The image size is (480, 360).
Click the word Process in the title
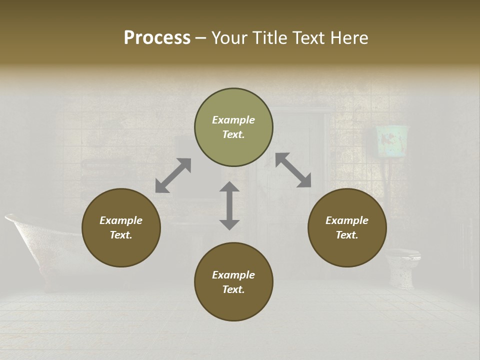pos(157,38)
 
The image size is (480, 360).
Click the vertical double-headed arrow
pos(229,205)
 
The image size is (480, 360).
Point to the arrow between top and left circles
pos(173,175)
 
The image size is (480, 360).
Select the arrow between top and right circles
pos(293,170)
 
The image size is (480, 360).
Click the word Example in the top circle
pos(233,120)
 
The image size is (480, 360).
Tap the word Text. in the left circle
pos(121,235)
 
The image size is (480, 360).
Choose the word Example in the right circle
pos(347,220)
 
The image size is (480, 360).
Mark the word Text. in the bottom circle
pos(233,289)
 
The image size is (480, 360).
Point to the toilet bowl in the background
pos(403,265)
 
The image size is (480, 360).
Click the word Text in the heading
pos(306,38)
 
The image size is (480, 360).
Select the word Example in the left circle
pos(121,220)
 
